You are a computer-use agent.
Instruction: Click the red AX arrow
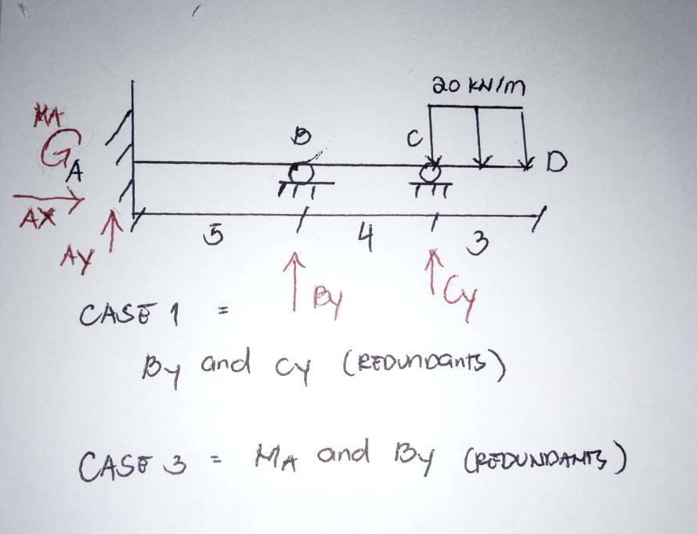49,202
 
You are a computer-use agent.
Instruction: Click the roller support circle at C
430,170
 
